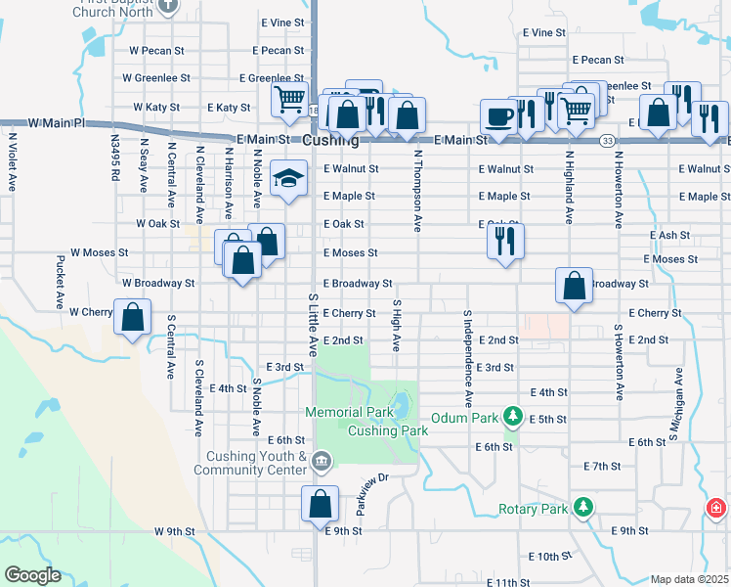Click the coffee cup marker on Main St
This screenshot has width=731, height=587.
tap(498, 116)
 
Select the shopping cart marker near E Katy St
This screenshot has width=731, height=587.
tap(290, 100)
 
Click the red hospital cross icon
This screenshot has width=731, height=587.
tap(716, 509)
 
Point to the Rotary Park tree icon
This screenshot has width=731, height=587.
tap(583, 507)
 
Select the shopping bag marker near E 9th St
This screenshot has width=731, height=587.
tap(320, 504)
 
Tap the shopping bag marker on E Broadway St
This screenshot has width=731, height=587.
tap(575, 286)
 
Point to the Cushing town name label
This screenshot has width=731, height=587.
tap(331, 141)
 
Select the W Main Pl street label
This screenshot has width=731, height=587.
tap(58, 123)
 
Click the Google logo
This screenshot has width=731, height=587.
tap(32, 575)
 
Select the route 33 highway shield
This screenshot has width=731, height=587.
tap(608, 141)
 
